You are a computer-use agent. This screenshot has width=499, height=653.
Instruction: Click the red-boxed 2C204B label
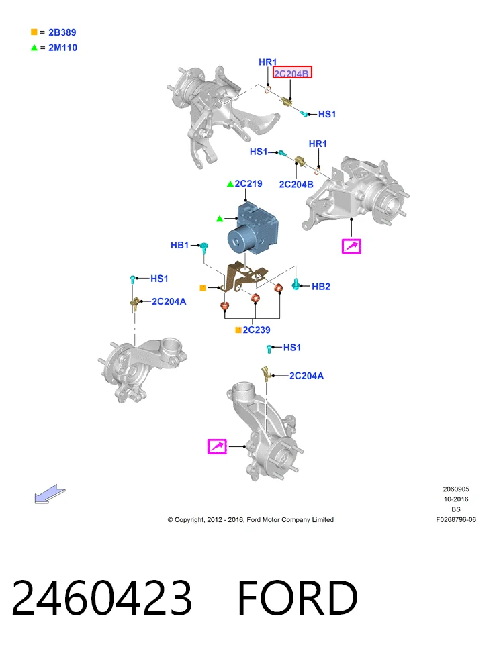292,72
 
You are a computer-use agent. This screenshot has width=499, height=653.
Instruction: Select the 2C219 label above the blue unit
248,183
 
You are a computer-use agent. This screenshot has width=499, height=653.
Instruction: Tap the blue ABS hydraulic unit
252,228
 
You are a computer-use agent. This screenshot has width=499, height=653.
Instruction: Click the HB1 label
180,245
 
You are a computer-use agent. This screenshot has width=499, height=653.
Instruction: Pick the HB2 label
321,287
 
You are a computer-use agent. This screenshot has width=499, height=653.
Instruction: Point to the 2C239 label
257,330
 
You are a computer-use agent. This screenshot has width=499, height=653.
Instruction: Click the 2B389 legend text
62,32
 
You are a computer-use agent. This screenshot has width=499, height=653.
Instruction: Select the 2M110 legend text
62,48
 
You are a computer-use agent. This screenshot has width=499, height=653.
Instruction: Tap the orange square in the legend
34,32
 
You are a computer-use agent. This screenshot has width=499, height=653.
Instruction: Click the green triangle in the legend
34,48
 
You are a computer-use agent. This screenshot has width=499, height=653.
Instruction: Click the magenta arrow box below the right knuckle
351,246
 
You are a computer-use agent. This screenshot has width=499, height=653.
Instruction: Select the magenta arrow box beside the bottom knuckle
217,446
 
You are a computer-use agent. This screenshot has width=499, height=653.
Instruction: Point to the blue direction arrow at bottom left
50,493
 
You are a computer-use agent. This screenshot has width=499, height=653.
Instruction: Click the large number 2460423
102,597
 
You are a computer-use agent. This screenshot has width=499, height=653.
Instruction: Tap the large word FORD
298,597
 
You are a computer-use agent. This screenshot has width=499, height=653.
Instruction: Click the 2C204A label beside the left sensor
169,301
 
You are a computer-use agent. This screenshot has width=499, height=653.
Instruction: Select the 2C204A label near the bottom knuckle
306,376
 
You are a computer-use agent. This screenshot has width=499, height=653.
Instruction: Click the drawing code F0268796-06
456,519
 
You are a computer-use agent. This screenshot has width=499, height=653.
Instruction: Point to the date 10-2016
456,499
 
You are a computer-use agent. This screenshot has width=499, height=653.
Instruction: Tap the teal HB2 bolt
296,284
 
